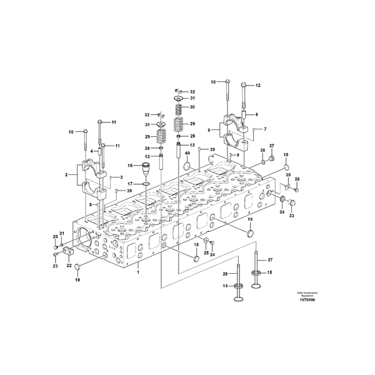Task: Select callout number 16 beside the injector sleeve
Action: [131, 166]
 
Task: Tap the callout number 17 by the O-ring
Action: [131, 184]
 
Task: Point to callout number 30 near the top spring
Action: [192, 107]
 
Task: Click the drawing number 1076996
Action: [307, 299]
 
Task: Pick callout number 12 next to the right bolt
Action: [257, 85]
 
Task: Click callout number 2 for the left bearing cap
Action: [66, 176]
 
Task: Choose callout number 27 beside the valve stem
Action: [271, 259]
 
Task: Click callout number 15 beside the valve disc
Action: [271, 272]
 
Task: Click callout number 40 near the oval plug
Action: [187, 153]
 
